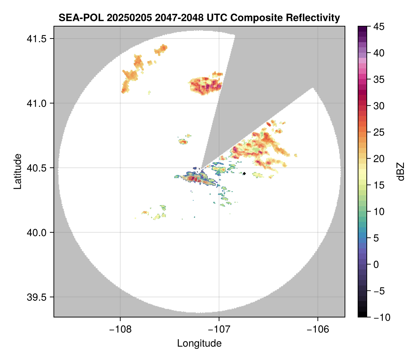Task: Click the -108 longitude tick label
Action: [x=120, y=329]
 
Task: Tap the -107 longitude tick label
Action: [x=219, y=329]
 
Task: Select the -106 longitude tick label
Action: [x=318, y=329]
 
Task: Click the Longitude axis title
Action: [x=199, y=343]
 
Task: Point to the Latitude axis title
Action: [x=17, y=171]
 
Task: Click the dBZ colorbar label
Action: [x=401, y=172]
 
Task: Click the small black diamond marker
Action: [x=245, y=174]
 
